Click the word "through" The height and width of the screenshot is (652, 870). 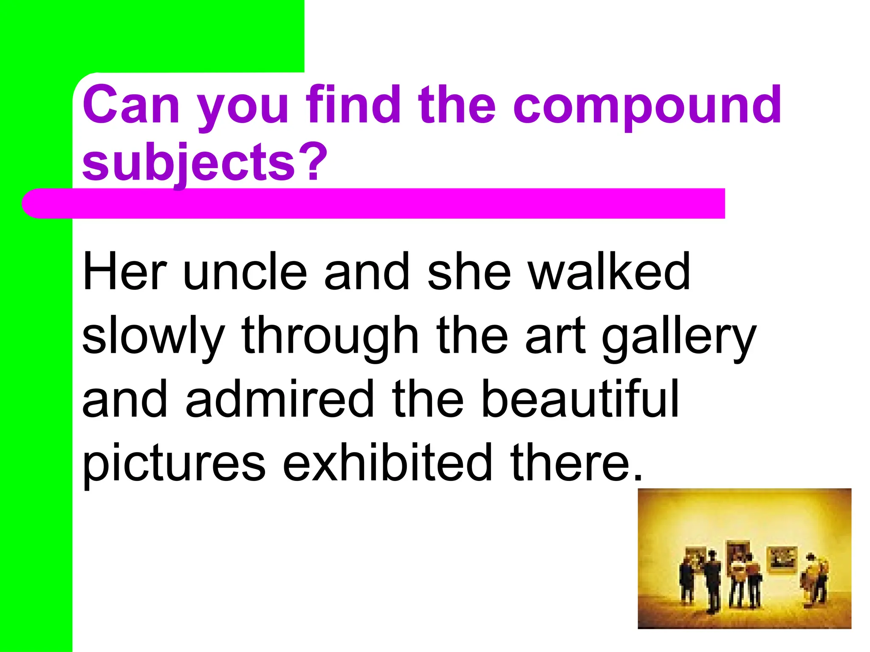330,336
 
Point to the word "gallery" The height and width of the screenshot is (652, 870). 678,336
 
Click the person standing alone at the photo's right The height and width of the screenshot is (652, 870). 814,577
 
